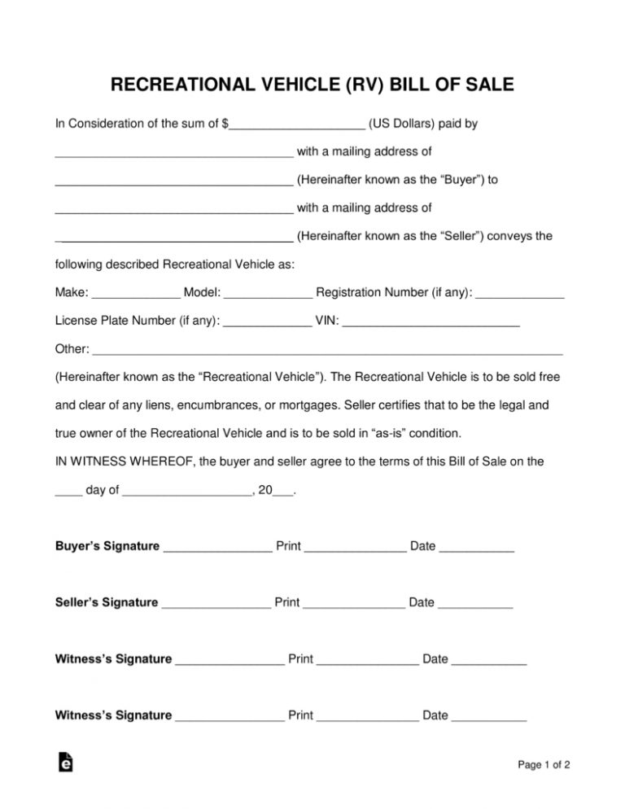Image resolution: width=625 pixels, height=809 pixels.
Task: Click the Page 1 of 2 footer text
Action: [x=543, y=764]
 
